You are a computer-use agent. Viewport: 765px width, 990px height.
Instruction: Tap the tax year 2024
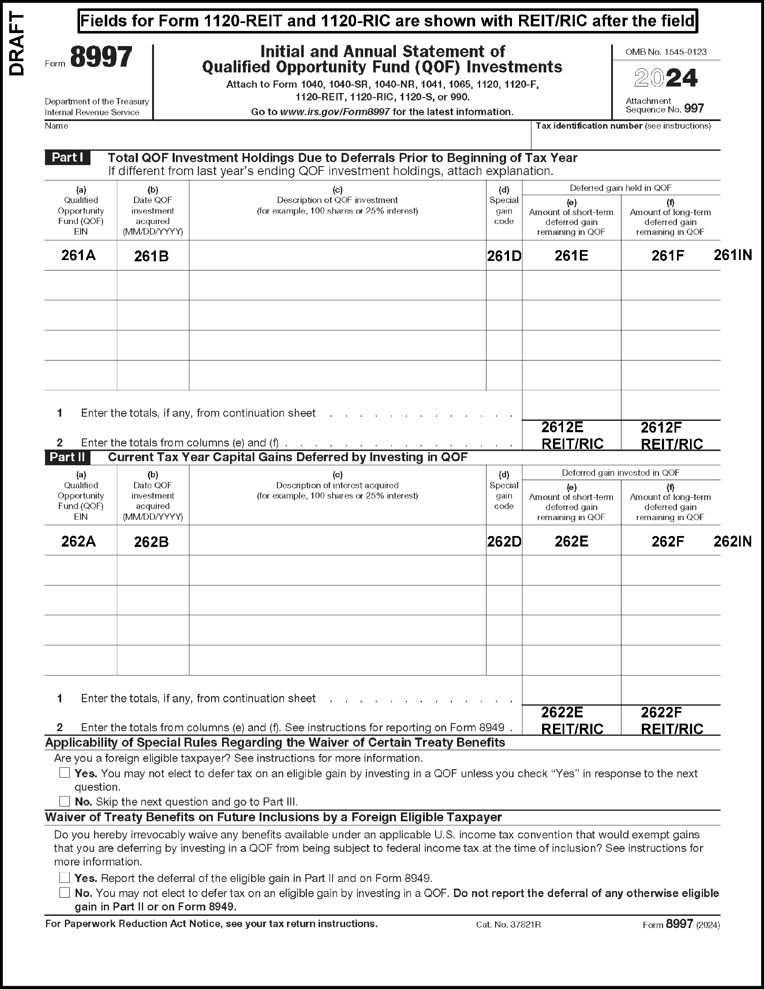665,78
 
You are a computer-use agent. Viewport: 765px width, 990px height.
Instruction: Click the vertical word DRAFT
17,44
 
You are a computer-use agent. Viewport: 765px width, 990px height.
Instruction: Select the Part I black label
67,157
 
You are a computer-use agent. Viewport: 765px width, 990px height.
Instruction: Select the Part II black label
67,457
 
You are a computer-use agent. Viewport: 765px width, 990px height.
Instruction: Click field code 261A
78,255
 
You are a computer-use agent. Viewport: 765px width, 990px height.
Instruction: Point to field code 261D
504,256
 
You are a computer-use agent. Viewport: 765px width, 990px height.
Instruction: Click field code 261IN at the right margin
732,255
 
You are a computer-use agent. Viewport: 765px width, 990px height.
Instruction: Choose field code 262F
667,541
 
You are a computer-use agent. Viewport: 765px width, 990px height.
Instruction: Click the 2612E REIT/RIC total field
572,435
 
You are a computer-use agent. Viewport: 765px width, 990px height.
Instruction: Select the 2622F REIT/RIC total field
671,720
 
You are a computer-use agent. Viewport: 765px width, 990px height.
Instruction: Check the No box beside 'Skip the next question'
65,801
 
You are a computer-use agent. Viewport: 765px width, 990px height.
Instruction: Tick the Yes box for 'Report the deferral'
65,878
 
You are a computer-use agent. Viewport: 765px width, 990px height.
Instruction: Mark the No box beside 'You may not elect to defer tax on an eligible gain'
65,892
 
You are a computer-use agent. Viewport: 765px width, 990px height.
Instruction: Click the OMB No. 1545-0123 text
666,52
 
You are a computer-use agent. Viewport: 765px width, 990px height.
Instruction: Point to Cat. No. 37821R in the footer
508,924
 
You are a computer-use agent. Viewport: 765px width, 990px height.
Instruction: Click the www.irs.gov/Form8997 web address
335,112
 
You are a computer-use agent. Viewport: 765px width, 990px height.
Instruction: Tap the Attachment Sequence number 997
694,109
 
